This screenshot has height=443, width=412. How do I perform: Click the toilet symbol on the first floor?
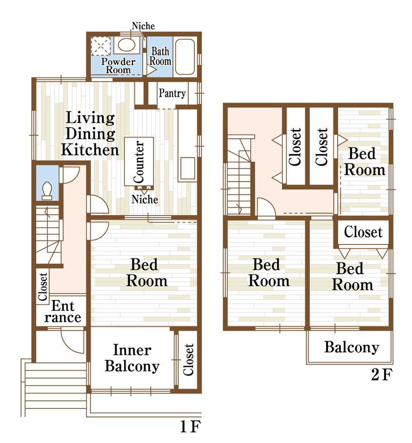[x=47, y=191]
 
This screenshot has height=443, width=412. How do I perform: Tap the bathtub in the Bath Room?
[x=185, y=57]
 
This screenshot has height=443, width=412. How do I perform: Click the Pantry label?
[x=172, y=93]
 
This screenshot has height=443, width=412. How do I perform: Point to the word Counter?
[x=139, y=162]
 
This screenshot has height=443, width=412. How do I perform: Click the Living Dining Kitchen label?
[x=90, y=134]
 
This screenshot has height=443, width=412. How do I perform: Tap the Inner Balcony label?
[x=132, y=358]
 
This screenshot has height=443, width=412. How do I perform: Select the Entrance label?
[x=63, y=312]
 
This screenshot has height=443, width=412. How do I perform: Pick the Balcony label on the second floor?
[x=351, y=347]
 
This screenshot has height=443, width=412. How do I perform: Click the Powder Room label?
[x=118, y=66]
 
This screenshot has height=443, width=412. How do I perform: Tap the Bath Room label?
[x=160, y=56]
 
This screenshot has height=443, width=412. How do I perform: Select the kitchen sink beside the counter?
[x=187, y=168]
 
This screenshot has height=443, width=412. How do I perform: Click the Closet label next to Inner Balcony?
[x=188, y=360]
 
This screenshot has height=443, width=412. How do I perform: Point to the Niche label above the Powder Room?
[x=143, y=26]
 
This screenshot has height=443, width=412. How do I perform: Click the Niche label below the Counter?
[x=145, y=199]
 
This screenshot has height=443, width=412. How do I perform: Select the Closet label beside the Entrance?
[x=42, y=286]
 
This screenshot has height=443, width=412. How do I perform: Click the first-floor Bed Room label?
[x=147, y=273]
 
